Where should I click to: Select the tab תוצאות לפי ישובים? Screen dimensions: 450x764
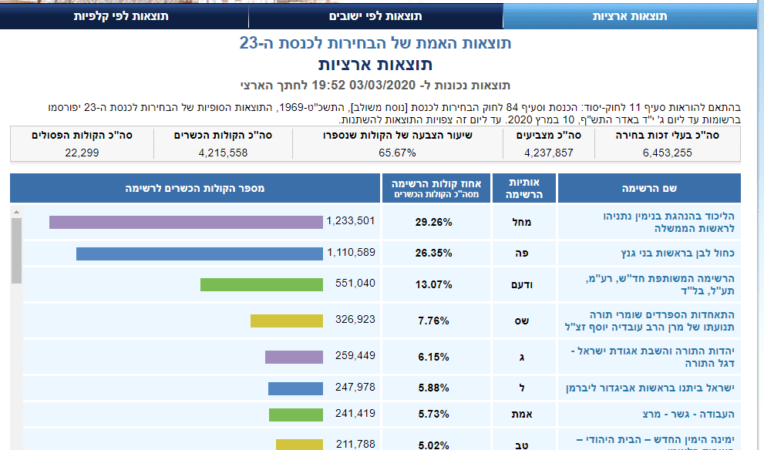coord(375,15)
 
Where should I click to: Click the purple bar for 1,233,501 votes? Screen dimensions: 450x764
coord(186,222)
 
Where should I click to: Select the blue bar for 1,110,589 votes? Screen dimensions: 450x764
coord(199,254)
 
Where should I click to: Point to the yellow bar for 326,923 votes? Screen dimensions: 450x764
coord(287,321)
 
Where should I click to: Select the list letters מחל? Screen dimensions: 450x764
coord(523,222)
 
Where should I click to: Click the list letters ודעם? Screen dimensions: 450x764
coord(523,284)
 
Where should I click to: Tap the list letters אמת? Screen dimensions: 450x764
coord(523,414)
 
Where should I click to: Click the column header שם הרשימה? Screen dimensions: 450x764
coord(648,188)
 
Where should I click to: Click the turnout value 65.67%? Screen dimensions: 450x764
coord(398,153)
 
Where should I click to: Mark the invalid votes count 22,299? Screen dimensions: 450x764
coord(82,153)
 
